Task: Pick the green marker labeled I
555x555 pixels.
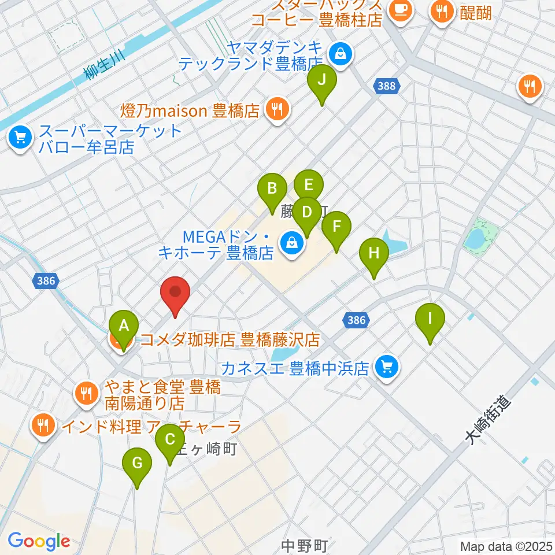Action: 430,319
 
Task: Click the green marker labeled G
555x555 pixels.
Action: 137,464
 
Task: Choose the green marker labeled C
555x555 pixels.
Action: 169,440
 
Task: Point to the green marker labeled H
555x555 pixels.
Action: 374,254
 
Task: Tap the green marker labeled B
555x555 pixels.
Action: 271,189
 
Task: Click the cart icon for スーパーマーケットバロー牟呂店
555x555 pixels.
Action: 21,138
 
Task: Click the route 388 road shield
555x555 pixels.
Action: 386,86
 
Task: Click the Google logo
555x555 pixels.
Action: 39,541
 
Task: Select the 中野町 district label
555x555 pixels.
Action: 305,545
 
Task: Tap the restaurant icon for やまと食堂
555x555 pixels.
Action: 87,394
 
